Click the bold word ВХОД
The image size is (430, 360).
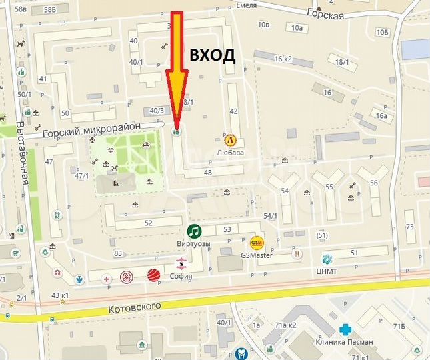tap(213, 55)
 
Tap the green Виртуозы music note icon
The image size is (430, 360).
tap(194, 231)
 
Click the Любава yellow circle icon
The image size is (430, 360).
tap(231, 140)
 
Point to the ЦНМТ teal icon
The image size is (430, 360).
tap(327, 259)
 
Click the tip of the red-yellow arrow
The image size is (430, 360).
tap(177, 127)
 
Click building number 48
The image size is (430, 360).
tap(208, 173)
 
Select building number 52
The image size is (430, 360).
tap(148, 223)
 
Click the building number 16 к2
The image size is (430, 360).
tap(283, 59)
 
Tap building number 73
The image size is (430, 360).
tap(409, 227)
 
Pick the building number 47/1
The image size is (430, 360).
tap(81, 176)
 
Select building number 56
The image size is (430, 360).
tap(374, 183)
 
